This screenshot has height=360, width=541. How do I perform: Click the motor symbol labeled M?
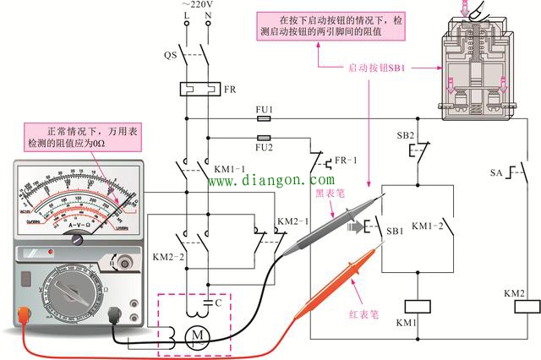[199, 336]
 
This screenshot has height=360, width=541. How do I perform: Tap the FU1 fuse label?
[264, 109]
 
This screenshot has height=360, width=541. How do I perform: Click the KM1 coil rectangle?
[414, 307]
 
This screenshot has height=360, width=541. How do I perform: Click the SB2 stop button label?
[406, 135]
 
